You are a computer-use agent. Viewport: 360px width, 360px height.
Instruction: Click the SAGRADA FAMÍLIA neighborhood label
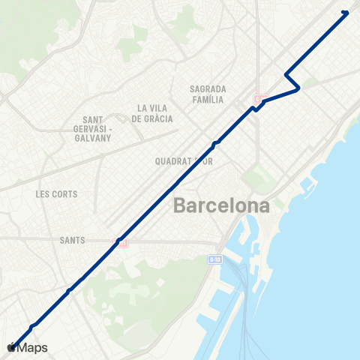click(x=208, y=93)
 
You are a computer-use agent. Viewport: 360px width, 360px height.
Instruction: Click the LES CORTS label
click(x=56, y=193)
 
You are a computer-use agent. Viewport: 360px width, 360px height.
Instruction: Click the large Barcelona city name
click(x=221, y=205)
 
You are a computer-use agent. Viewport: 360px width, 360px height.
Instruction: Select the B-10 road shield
click(x=214, y=259)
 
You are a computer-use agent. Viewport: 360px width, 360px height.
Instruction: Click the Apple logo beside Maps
click(x=11, y=348)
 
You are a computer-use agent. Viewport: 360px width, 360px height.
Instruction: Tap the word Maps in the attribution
click(x=33, y=348)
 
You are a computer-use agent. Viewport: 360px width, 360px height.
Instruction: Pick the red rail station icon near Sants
click(x=121, y=241)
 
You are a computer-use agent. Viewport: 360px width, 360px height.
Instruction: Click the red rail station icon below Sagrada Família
click(x=259, y=99)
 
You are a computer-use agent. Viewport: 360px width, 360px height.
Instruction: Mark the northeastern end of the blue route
click(x=346, y=12)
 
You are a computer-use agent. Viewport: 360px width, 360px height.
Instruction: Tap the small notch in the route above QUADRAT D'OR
click(x=216, y=142)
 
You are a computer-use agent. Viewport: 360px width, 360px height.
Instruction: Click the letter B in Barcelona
click(x=181, y=205)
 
